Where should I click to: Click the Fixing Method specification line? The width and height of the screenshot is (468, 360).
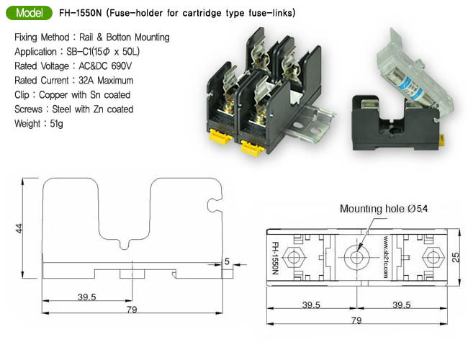91,37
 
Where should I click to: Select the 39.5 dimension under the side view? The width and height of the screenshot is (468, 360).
87,296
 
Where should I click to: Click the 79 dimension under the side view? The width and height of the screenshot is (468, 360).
131,311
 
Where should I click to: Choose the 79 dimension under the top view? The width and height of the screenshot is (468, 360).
356,320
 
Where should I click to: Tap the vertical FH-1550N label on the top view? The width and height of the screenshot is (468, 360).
274,258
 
